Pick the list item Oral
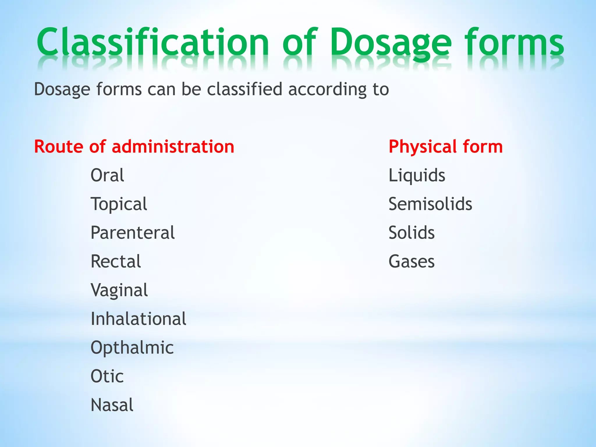tap(107, 175)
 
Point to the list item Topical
tap(119, 204)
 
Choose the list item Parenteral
tap(132, 233)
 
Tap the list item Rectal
tap(116, 261)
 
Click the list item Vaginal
tap(119, 290)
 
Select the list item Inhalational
tap(138, 319)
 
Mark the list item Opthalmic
tap(132, 347)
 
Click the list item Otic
tap(107, 376)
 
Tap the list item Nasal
tap(112, 405)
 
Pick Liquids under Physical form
tap(417, 175)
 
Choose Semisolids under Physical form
tap(430, 204)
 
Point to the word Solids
tap(411, 233)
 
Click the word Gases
tap(411, 261)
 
